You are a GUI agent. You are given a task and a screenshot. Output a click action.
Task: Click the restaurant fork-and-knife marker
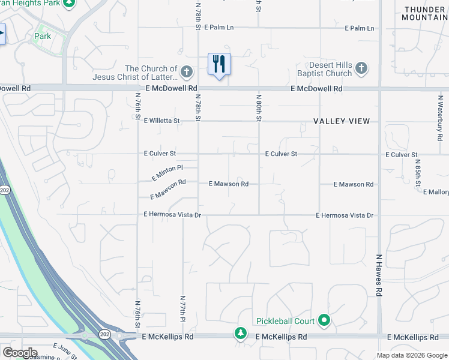point(219,64)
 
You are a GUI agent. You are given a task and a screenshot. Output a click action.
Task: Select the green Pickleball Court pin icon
point(325,321)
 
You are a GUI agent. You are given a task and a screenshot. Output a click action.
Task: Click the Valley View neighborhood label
point(342,121)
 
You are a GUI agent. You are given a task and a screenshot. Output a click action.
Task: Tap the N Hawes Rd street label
point(379,274)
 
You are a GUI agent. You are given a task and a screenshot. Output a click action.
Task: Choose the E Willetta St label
point(161,121)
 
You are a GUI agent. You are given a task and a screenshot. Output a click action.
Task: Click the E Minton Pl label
point(167,173)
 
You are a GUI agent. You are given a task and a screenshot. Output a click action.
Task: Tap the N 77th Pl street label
point(182,313)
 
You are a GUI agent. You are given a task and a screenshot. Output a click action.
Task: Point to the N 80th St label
point(259,107)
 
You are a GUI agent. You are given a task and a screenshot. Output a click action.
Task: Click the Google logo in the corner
point(20,353)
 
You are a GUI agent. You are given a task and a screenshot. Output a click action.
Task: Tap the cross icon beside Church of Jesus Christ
point(187,72)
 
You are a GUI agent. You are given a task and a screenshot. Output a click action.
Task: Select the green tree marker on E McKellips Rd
point(240,332)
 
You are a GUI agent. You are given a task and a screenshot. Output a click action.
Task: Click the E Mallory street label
point(436,192)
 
